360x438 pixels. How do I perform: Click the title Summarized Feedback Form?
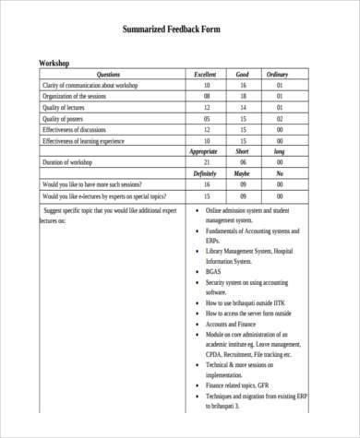[180, 30]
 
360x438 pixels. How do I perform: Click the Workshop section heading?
[54, 63]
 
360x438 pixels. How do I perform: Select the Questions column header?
[108, 74]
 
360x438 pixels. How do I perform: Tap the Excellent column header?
[206, 74]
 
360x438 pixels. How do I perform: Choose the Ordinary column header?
[278, 74]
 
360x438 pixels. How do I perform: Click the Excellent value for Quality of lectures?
[206, 107]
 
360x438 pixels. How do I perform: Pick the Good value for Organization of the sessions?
[243, 96]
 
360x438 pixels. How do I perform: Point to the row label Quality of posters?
[66, 118]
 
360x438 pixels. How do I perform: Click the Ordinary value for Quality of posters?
[278, 118]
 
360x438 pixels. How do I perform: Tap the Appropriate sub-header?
[203, 151]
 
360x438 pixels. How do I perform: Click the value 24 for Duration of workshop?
[206, 162]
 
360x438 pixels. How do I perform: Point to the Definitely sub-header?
[205, 173]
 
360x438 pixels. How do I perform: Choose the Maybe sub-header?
[242, 173]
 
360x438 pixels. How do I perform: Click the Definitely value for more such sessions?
[206, 184]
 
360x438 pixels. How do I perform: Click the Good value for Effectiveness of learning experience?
[243, 140]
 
